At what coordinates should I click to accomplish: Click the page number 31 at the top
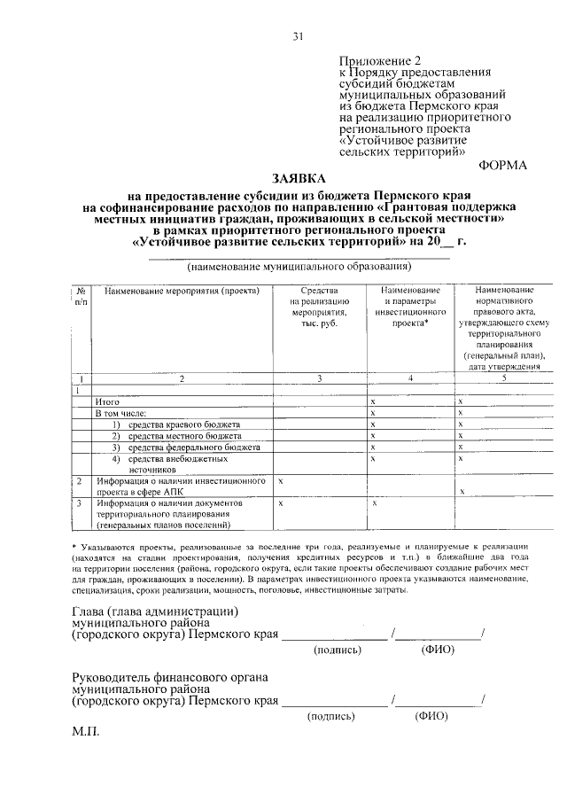coord(299,35)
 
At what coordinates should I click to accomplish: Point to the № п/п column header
coord(80,296)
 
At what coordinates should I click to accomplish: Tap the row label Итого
coord(108,402)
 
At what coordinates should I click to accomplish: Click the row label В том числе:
coord(122,414)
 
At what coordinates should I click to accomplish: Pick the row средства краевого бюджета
coord(183,425)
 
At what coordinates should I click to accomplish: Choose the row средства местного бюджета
coord(183,437)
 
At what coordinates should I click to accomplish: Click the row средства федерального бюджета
coord(192,448)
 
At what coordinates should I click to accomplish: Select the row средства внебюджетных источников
coord(173,464)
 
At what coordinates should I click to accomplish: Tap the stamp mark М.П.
coord(87,734)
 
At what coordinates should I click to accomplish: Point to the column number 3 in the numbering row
coord(320,379)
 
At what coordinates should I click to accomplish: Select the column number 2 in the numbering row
coord(182,379)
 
